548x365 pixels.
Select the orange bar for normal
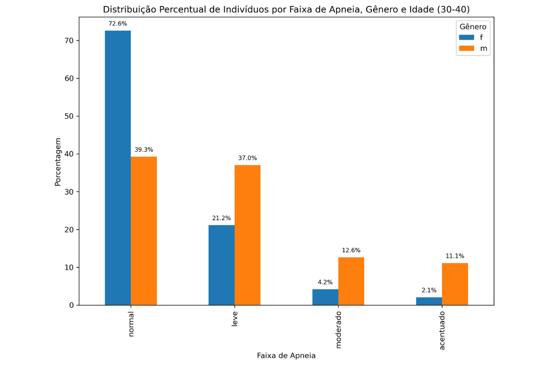point(144,231)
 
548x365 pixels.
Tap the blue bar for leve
point(221,265)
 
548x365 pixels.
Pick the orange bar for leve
point(248,235)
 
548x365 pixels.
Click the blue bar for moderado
point(325,297)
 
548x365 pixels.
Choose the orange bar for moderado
point(351,281)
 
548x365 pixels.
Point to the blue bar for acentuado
point(429,301)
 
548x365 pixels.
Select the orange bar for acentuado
point(455,284)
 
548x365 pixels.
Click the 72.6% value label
point(118,23)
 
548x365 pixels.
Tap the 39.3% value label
point(144,149)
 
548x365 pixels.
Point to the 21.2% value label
point(221,218)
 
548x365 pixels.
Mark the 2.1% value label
point(429,290)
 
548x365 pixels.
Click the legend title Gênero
point(473,26)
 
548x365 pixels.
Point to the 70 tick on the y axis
point(69,41)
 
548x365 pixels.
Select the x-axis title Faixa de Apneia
point(286,355)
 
